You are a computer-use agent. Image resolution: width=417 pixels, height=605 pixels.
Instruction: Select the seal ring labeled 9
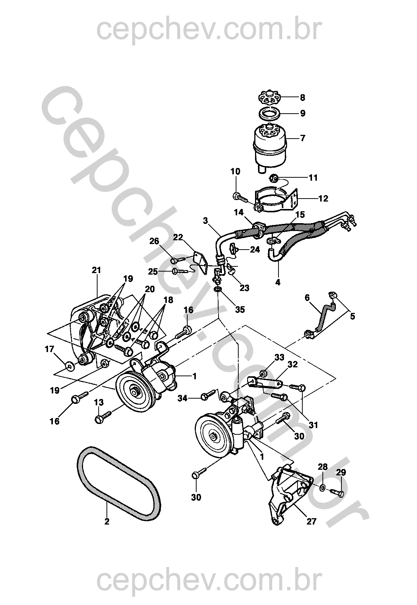270,113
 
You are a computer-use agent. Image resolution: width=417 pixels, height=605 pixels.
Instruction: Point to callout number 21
96,270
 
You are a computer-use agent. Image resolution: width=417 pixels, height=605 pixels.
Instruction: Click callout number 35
240,309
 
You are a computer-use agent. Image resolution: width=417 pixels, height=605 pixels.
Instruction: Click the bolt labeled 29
339,492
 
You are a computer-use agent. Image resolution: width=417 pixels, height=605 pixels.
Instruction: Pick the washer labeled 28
322,487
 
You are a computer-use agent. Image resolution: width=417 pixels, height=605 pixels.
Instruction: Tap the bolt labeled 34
207,396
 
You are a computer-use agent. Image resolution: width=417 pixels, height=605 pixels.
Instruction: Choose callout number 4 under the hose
277,282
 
